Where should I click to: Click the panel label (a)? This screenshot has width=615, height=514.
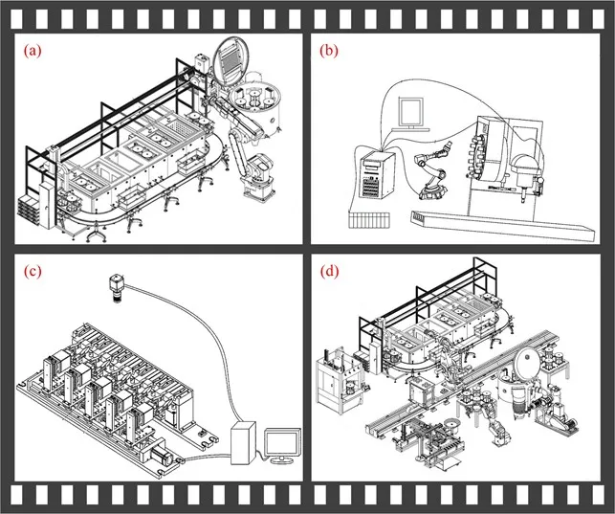point(33,51)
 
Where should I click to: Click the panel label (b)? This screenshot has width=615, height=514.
point(329,51)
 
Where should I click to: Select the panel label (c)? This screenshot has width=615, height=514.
point(33,271)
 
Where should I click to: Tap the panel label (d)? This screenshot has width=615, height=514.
point(329,271)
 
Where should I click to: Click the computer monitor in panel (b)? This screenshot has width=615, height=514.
point(411,114)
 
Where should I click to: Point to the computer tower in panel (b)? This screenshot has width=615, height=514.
point(377,175)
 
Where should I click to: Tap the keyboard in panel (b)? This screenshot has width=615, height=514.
point(369,220)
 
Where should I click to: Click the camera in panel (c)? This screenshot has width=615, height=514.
point(117,288)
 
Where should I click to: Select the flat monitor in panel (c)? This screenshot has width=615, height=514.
point(282,446)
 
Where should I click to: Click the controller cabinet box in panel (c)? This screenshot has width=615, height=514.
point(243,443)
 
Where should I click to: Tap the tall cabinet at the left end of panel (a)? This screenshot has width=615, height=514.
point(47,205)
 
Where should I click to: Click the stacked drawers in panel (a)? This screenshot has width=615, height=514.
point(29,209)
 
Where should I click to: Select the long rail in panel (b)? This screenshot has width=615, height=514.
point(502,226)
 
